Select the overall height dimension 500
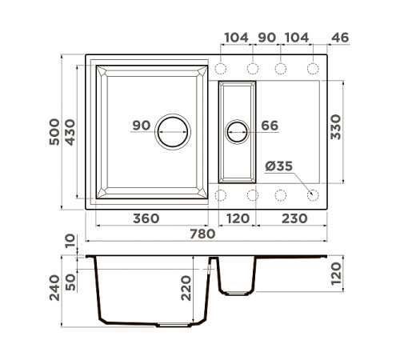(x=54, y=131)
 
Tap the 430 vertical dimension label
(x=70, y=131)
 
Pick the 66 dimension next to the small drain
(x=269, y=126)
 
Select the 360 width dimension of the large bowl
(x=146, y=218)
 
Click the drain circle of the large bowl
(x=172, y=131)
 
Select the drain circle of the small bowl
(x=238, y=131)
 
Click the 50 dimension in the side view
(x=70, y=282)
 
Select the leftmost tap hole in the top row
(x=222, y=68)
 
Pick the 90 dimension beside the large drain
(x=142, y=126)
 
